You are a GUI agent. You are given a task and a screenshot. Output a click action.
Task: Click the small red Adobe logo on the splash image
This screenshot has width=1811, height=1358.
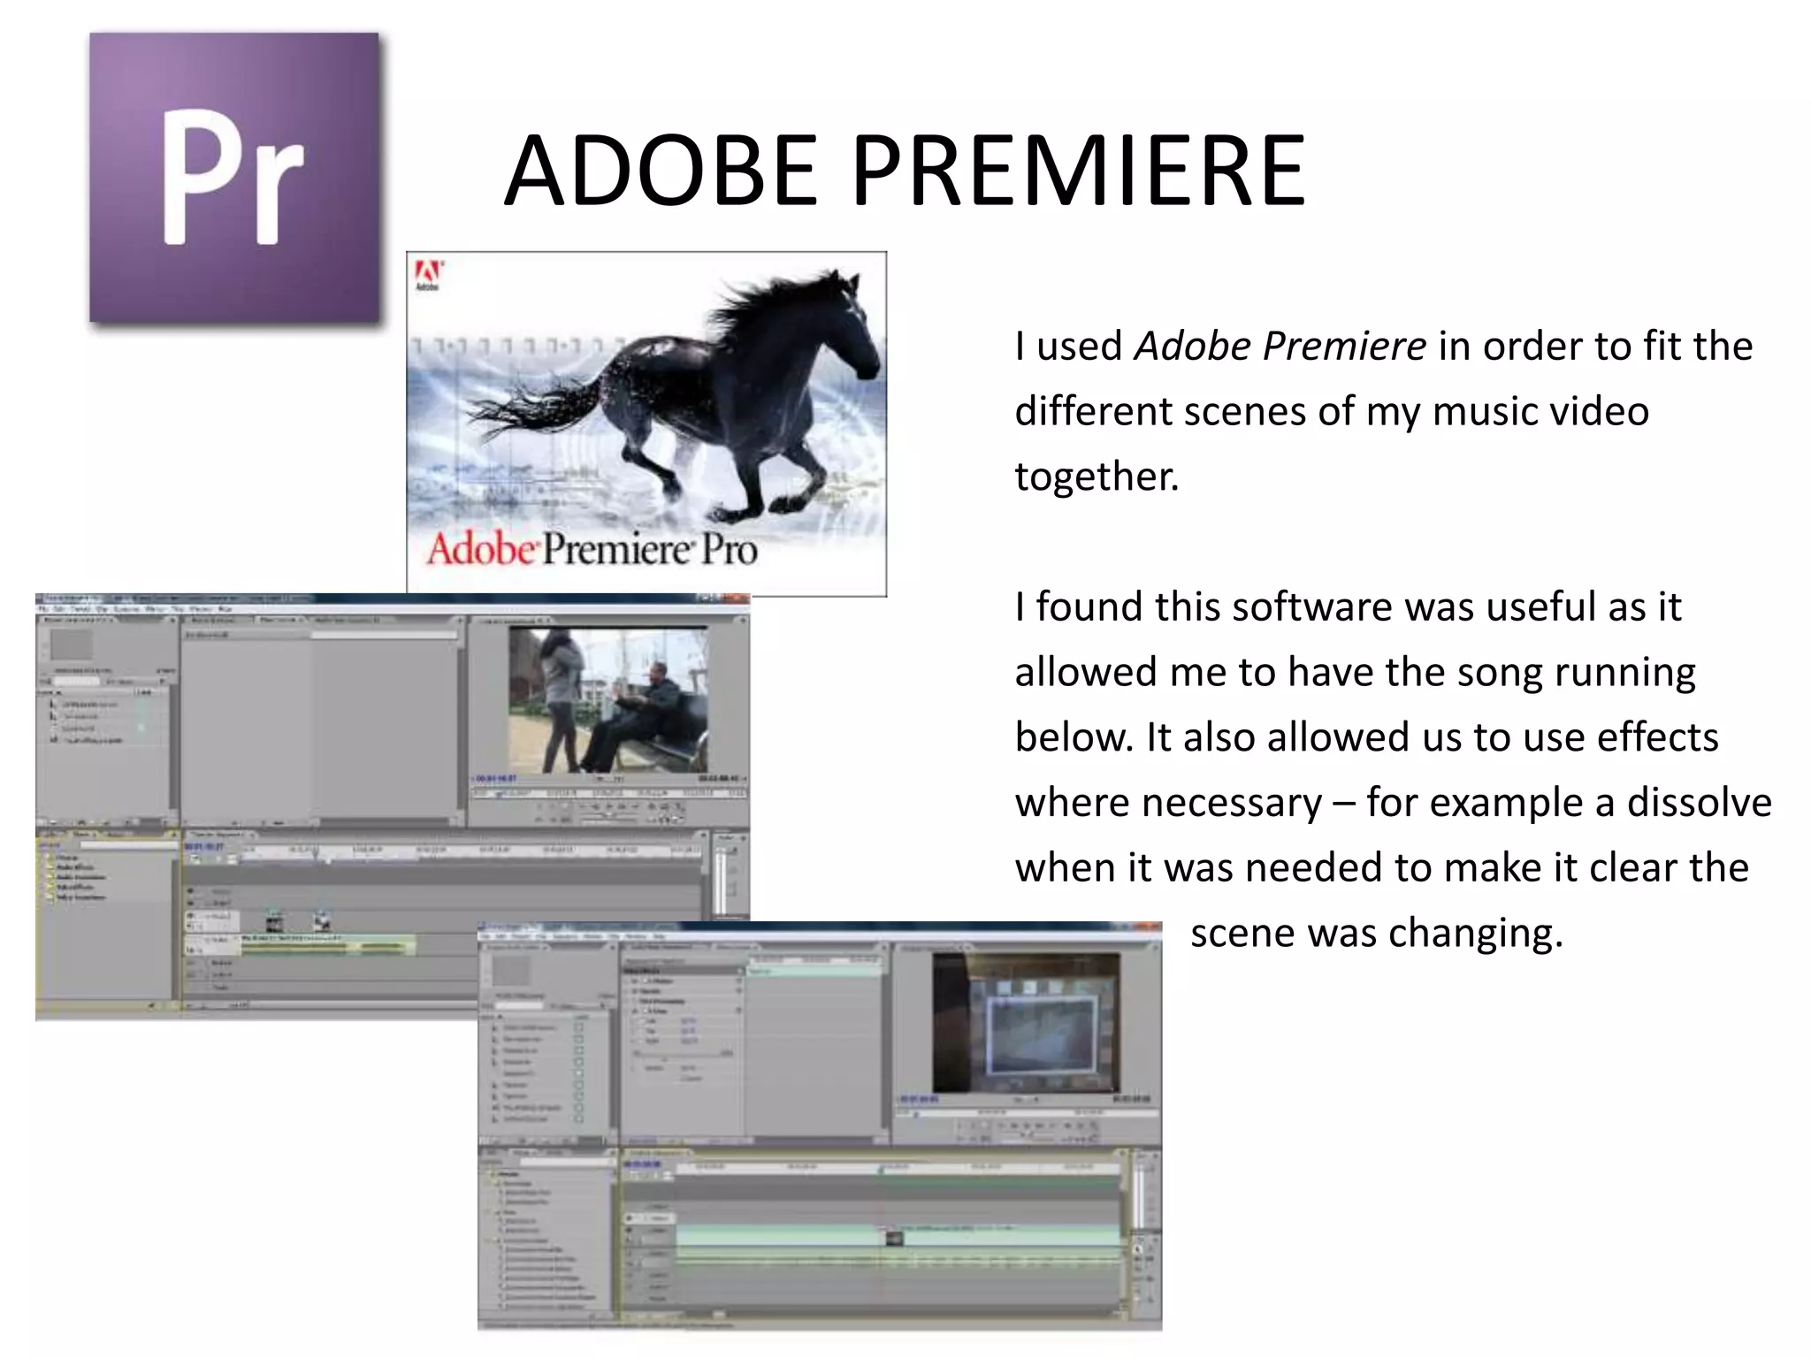pos(428,275)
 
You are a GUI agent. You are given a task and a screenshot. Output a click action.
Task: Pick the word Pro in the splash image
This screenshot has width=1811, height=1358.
pos(730,550)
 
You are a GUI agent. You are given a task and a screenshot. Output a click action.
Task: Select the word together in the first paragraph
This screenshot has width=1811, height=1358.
pos(1096,477)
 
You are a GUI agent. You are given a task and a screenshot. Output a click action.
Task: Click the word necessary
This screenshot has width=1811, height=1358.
pos(1168,803)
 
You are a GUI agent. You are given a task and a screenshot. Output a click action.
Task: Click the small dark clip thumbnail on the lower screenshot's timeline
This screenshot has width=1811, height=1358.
pos(894,1238)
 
